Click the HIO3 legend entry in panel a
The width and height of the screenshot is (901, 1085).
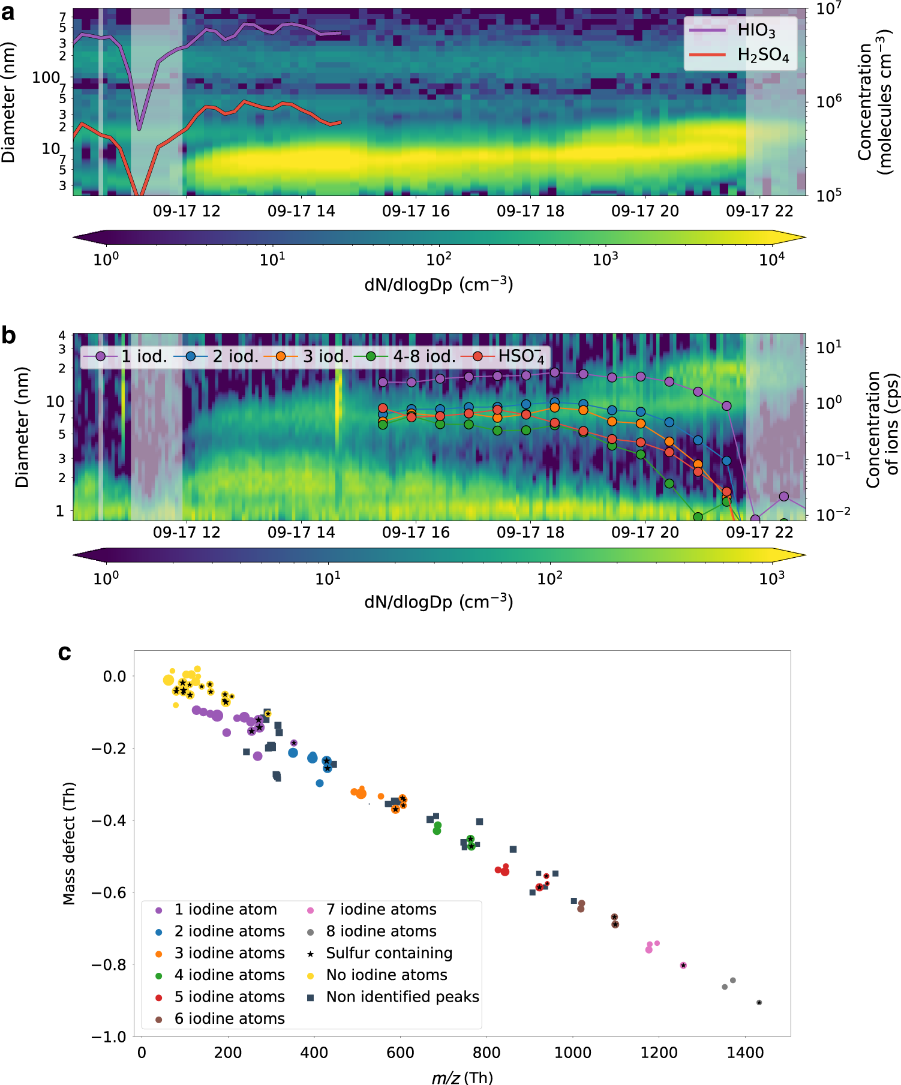756,30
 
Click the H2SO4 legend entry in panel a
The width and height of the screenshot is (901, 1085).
762,55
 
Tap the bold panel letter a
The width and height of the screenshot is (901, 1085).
8,12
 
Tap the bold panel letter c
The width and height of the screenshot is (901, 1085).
65,653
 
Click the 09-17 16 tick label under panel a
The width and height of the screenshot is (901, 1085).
416,211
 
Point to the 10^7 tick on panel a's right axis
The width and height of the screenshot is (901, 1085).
828,8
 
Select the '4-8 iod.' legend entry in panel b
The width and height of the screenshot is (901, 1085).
424,356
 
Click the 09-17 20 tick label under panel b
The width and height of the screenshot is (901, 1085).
645,532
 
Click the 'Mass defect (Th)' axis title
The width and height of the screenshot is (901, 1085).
70,843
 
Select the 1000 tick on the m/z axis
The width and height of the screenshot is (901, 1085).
572,1052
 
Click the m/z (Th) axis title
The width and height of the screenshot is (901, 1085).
462,1077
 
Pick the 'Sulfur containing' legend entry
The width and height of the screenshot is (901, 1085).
389,953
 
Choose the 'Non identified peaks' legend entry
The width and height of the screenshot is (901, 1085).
402,996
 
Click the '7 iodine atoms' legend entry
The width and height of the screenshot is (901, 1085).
381,909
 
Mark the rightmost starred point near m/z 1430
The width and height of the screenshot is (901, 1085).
759,1002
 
